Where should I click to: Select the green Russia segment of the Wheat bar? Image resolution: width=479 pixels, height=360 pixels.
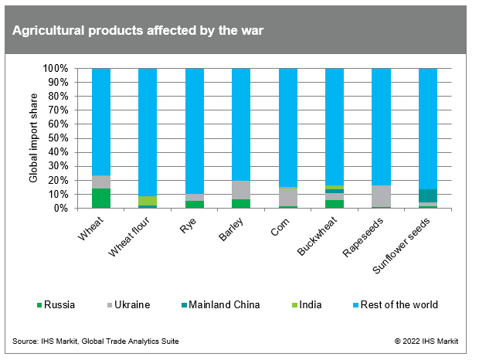coord(101,199)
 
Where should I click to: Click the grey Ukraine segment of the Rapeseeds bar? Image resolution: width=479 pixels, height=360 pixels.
coord(381,196)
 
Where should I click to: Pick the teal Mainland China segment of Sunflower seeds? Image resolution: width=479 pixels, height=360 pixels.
coord(427,195)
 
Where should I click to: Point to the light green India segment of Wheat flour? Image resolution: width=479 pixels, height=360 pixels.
coord(148,201)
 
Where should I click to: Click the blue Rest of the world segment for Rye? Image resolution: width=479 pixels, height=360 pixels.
coord(195,131)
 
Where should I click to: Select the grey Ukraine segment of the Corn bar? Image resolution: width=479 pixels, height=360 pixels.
coord(287,197)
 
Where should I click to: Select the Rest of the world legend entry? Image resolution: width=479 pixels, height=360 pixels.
coord(395,304)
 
